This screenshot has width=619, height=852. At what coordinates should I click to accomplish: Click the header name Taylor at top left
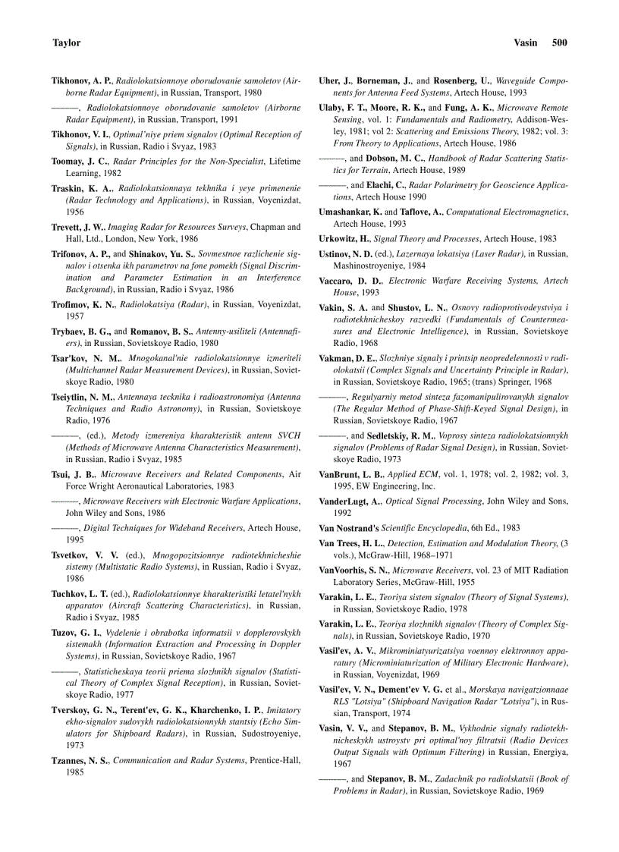pos(66,43)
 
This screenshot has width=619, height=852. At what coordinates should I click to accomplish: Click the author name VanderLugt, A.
pos(350,501)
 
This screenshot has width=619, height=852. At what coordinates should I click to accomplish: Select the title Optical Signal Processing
pos(430,501)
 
